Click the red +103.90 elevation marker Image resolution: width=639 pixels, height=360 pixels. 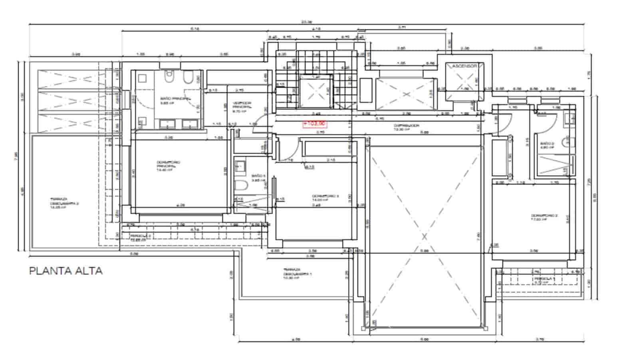point(315,124)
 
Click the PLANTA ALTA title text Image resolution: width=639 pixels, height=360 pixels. point(66,271)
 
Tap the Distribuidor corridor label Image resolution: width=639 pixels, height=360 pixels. point(406,127)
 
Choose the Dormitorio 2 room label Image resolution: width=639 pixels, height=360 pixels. point(544,217)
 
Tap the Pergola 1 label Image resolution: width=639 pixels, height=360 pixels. point(544,280)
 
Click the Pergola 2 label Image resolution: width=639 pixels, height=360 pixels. point(141,237)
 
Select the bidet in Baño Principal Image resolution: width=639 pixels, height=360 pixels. point(187,79)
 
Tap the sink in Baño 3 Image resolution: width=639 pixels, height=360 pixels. point(240,165)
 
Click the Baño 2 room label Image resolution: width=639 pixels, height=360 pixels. point(547,145)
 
